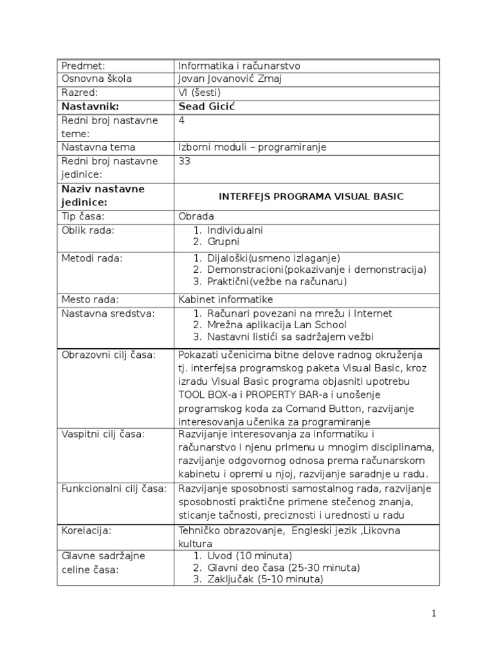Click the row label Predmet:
(x=83, y=66)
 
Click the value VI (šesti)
(x=200, y=93)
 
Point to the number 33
(x=185, y=161)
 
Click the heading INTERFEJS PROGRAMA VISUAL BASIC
(x=311, y=196)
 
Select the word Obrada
(x=196, y=216)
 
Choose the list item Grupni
(x=223, y=242)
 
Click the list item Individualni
(x=235, y=230)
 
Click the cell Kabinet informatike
(x=226, y=299)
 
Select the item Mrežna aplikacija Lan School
(x=277, y=325)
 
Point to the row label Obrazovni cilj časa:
(x=108, y=355)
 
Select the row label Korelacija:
(x=86, y=531)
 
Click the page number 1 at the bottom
(x=434, y=613)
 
